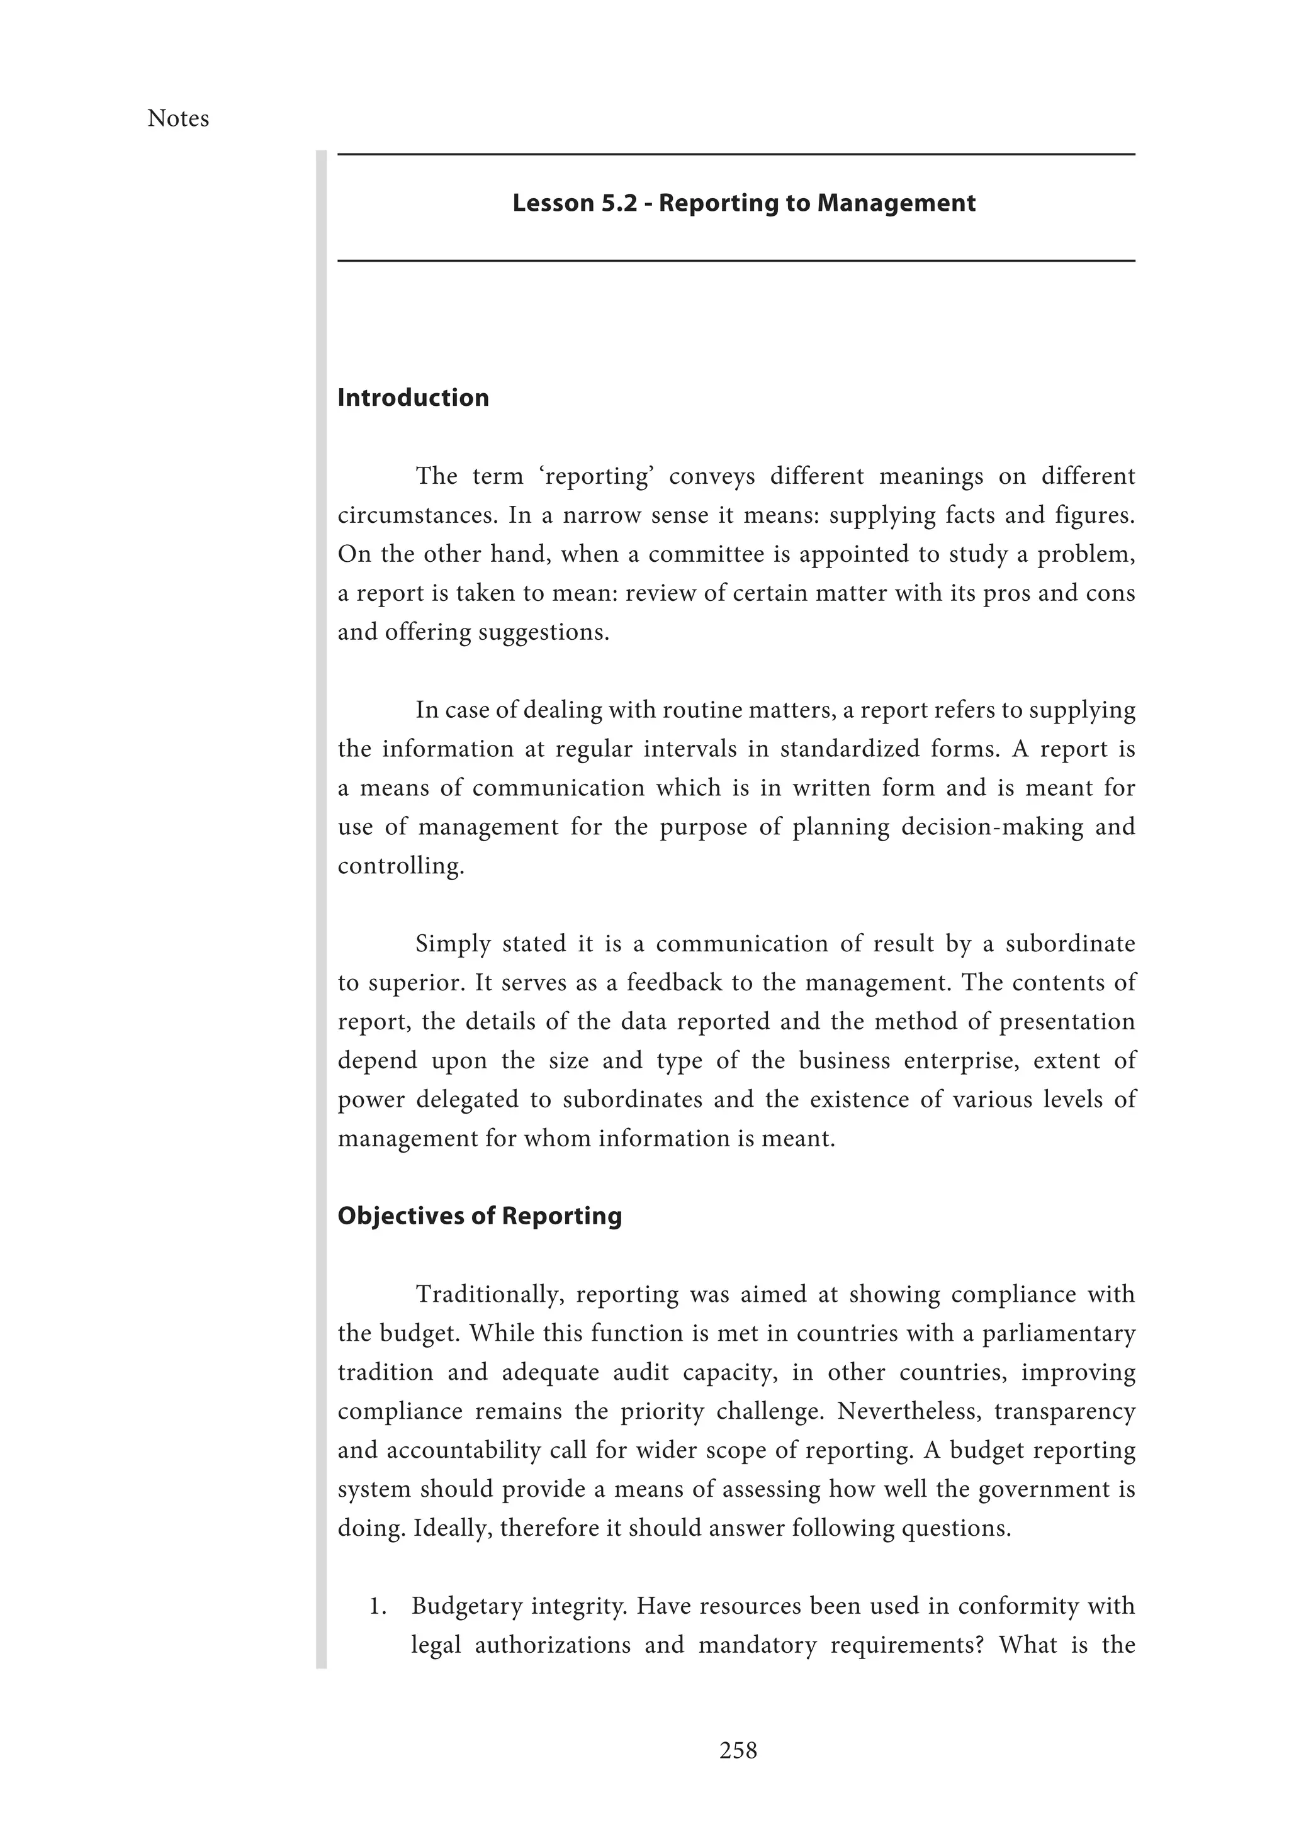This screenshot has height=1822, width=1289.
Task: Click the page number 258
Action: (738, 1750)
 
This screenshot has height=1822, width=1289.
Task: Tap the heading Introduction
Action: (413, 398)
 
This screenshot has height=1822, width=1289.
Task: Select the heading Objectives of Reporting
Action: (480, 1216)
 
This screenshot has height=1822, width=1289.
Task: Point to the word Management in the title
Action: (896, 203)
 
